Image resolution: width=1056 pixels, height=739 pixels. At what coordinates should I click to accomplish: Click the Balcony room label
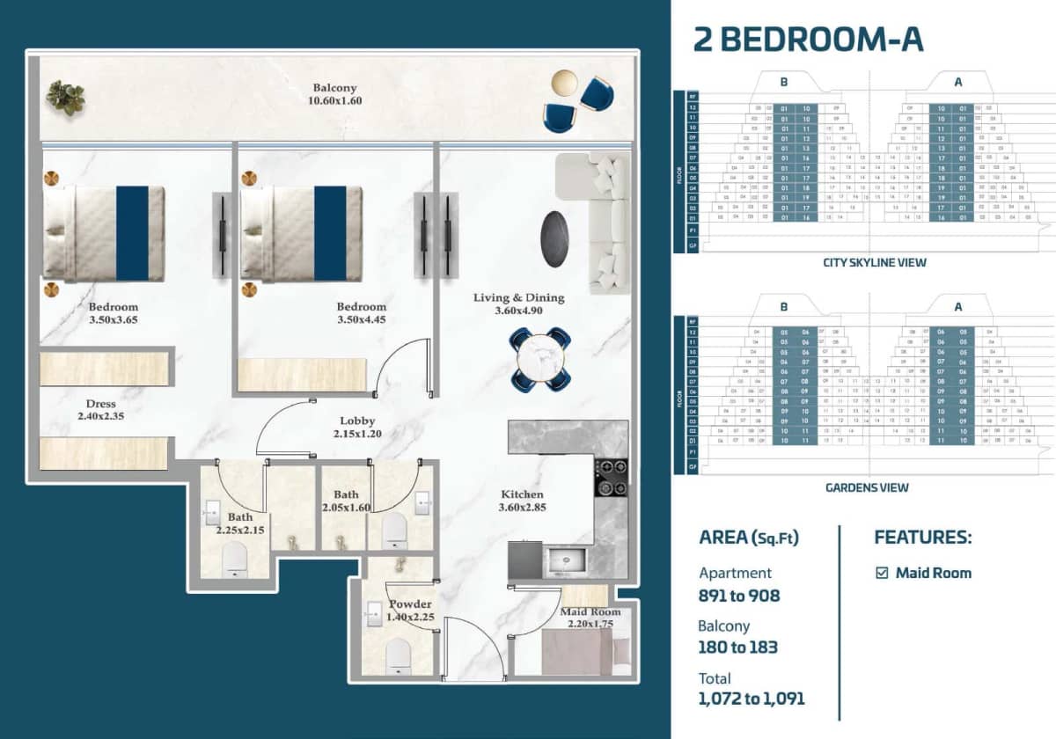tap(335, 94)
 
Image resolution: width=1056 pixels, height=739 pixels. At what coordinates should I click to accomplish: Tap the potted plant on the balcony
tap(66, 97)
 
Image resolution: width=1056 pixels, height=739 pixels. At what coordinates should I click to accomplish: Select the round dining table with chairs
tap(539, 359)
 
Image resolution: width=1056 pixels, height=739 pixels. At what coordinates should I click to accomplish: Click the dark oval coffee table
tap(554, 238)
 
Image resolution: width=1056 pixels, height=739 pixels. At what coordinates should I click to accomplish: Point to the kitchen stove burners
tap(610, 478)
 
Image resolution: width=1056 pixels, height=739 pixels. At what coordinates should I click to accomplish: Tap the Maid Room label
tap(590, 618)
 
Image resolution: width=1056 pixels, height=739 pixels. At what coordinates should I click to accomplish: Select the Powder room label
tap(410, 611)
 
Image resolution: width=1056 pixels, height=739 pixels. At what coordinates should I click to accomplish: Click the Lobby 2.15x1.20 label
tap(357, 428)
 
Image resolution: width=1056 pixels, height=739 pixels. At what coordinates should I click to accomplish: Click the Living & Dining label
tap(518, 304)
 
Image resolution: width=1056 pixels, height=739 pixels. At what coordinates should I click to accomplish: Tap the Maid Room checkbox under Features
tap(882, 573)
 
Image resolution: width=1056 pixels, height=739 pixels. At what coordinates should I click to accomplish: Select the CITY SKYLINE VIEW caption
tap(875, 262)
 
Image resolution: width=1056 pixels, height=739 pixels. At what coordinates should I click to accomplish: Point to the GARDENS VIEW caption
tap(867, 487)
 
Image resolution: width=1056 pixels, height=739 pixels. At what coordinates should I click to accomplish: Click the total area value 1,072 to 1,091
tap(752, 699)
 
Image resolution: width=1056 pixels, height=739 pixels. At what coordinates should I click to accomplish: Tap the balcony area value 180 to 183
tap(738, 648)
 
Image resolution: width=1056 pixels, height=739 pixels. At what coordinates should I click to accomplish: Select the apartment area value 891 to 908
tap(739, 596)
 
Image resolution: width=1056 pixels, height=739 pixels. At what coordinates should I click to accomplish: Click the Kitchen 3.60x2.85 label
tap(522, 501)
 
